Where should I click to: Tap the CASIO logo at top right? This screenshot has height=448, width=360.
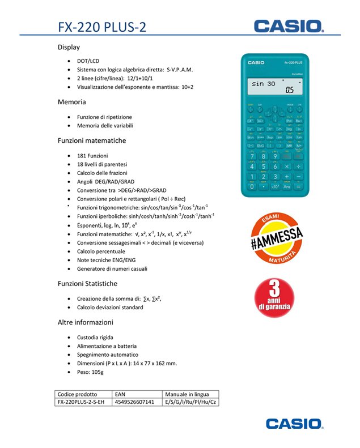[289, 25]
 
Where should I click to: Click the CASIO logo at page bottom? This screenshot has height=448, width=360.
[294, 424]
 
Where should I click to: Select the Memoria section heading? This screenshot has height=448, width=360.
[71, 102]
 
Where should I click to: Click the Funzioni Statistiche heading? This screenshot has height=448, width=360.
[87, 283]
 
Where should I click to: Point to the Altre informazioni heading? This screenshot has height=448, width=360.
[85, 322]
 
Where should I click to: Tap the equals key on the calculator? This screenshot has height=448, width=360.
[299, 186]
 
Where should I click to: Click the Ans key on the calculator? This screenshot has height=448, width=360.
[287, 186]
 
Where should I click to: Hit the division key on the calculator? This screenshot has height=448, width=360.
[299, 167]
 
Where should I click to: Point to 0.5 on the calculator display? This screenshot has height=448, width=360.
[290, 90]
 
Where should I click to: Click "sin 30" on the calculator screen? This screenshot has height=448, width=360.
[263, 84]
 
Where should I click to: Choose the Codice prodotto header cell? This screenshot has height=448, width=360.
[77, 394]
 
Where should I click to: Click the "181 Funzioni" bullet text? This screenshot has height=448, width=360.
[92, 155]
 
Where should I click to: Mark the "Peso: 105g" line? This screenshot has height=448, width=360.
[90, 372]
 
